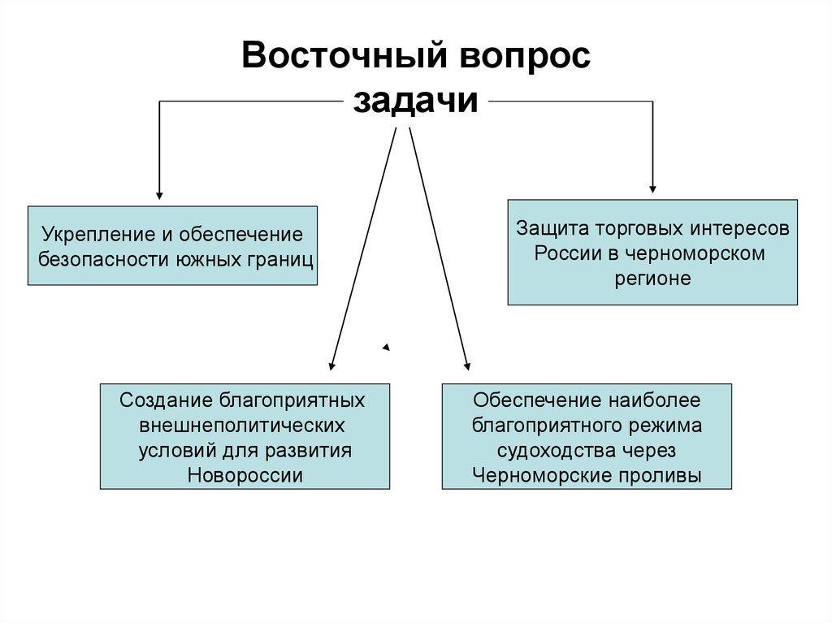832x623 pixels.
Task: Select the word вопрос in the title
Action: point(525,56)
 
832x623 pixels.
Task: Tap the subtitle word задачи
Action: point(415,101)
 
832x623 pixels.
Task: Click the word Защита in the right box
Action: point(552,228)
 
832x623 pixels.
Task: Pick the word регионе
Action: point(652,279)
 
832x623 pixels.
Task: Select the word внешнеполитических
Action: point(241,425)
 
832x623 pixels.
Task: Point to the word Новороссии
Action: point(245,475)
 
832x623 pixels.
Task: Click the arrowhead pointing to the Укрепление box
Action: point(159,195)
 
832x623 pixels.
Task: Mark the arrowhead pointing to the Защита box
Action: point(652,189)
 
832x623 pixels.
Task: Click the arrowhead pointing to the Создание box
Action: point(331,366)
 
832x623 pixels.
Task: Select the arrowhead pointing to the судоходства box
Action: point(467,366)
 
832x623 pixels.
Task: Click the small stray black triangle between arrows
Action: point(387,347)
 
